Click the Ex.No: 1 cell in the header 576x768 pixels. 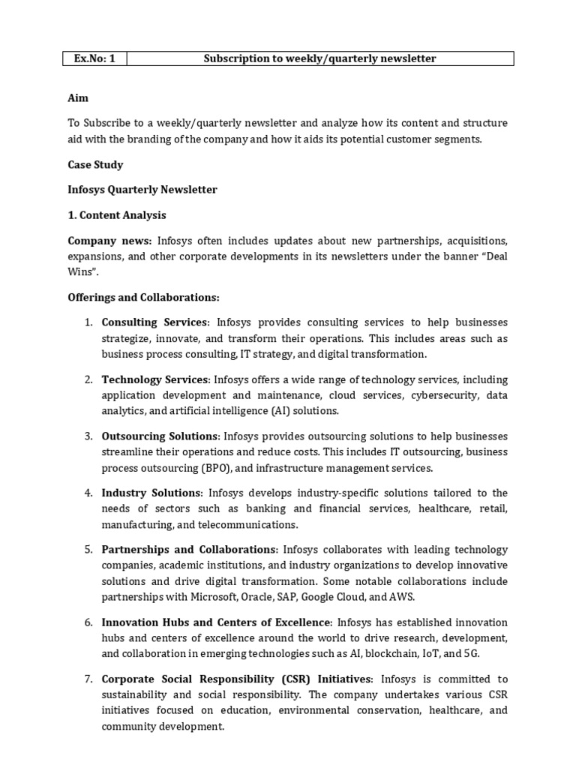pyautogui.click(x=94, y=58)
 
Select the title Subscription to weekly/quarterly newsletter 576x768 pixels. pyautogui.click(x=319, y=58)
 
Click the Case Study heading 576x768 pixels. pyautogui.click(x=95, y=164)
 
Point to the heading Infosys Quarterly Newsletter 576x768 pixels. pyautogui.click(x=142, y=190)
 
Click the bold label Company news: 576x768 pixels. pyautogui.click(x=109, y=241)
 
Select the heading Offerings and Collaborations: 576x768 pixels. pyautogui.click(x=142, y=298)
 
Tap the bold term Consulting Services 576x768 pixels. pyautogui.click(x=154, y=322)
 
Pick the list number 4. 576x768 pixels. pyautogui.click(x=88, y=493)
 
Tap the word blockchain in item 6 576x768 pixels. pyautogui.click(x=380, y=654)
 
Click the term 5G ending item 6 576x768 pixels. pyautogui.click(x=475, y=654)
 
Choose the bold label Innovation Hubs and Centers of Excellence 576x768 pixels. pyautogui.click(x=216, y=622)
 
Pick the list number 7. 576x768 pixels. pyautogui.click(x=88, y=679)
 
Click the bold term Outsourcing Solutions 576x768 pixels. pyautogui.click(x=160, y=436)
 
